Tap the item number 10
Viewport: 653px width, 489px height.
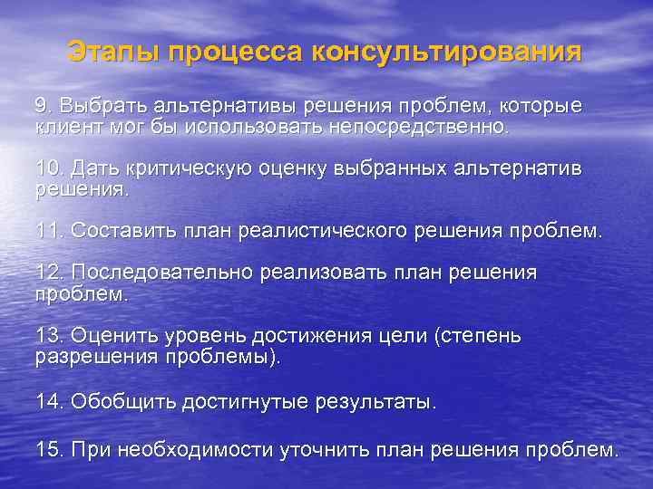pyautogui.click(x=47, y=169)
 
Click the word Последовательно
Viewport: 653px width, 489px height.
pyautogui.click(x=162, y=273)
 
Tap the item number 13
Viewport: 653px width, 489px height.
pyautogui.click(x=47, y=336)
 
